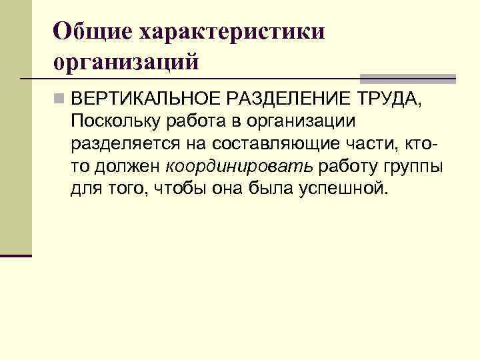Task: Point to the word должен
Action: [127, 166]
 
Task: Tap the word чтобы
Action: [179, 188]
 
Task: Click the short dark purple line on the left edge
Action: [16, 255]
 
